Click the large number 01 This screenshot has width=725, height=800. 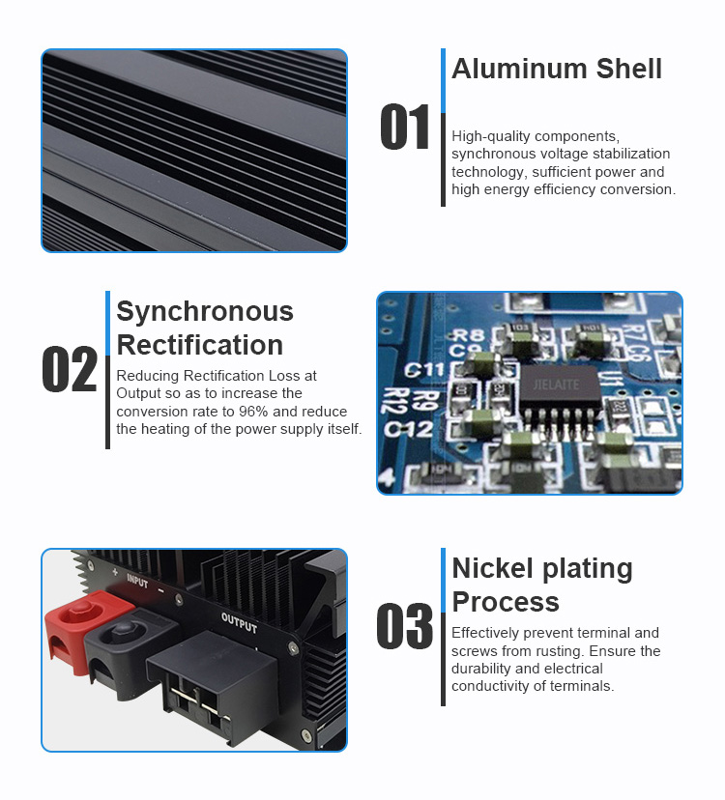coord(404,129)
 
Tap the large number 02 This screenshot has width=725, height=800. coord(70,370)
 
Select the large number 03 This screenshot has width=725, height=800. coord(404,627)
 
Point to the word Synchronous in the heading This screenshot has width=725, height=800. coord(205,311)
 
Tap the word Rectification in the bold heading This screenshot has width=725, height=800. coord(200,345)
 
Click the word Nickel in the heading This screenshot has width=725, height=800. coord(494,568)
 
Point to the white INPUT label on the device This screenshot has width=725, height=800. coord(137,583)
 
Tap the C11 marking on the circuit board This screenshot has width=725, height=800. coord(424,370)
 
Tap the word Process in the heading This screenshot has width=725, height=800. coord(505,602)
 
